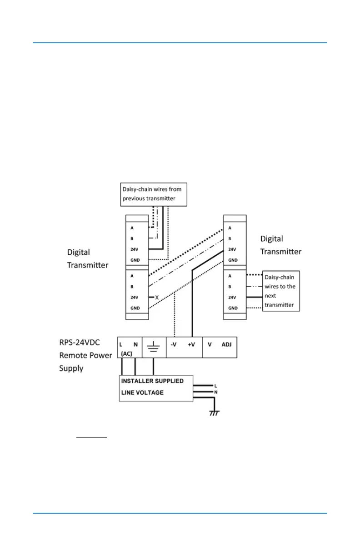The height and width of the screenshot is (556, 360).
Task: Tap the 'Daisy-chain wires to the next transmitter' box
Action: click(x=281, y=291)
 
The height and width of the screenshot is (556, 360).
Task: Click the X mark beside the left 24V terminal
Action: click(x=157, y=297)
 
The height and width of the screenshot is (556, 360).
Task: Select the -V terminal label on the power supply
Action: click(x=174, y=345)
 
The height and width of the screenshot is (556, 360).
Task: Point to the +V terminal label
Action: click(x=191, y=345)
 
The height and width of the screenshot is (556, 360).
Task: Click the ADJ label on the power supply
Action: click(x=226, y=345)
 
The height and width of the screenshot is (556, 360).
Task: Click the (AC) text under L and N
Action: click(x=126, y=353)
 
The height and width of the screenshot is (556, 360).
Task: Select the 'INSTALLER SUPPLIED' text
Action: click(x=152, y=381)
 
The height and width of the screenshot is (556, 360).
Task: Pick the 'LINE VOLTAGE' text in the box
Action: click(x=142, y=392)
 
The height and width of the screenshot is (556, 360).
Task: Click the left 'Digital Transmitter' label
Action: click(x=88, y=258)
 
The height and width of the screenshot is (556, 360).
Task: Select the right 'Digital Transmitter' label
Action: click(x=280, y=245)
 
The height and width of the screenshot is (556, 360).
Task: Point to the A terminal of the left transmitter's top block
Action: click(x=132, y=228)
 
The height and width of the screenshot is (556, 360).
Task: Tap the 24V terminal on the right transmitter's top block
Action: click(x=232, y=249)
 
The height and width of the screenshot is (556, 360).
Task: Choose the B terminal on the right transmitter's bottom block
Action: click(x=230, y=287)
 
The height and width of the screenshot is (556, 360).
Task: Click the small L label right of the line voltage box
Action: click(x=216, y=386)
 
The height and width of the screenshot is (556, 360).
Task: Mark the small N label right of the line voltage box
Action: click(x=216, y=392)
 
